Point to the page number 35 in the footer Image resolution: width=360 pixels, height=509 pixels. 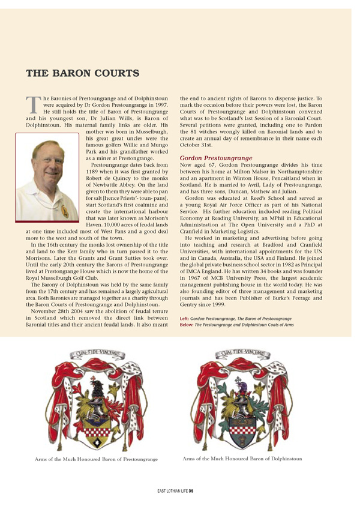[x=190, y=490]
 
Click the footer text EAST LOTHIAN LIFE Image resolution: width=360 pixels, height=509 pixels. [x=167, y=490]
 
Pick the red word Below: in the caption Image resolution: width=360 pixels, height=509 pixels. [x=187, y=324]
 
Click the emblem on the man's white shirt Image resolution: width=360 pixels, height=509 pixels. [x=64, y=211]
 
